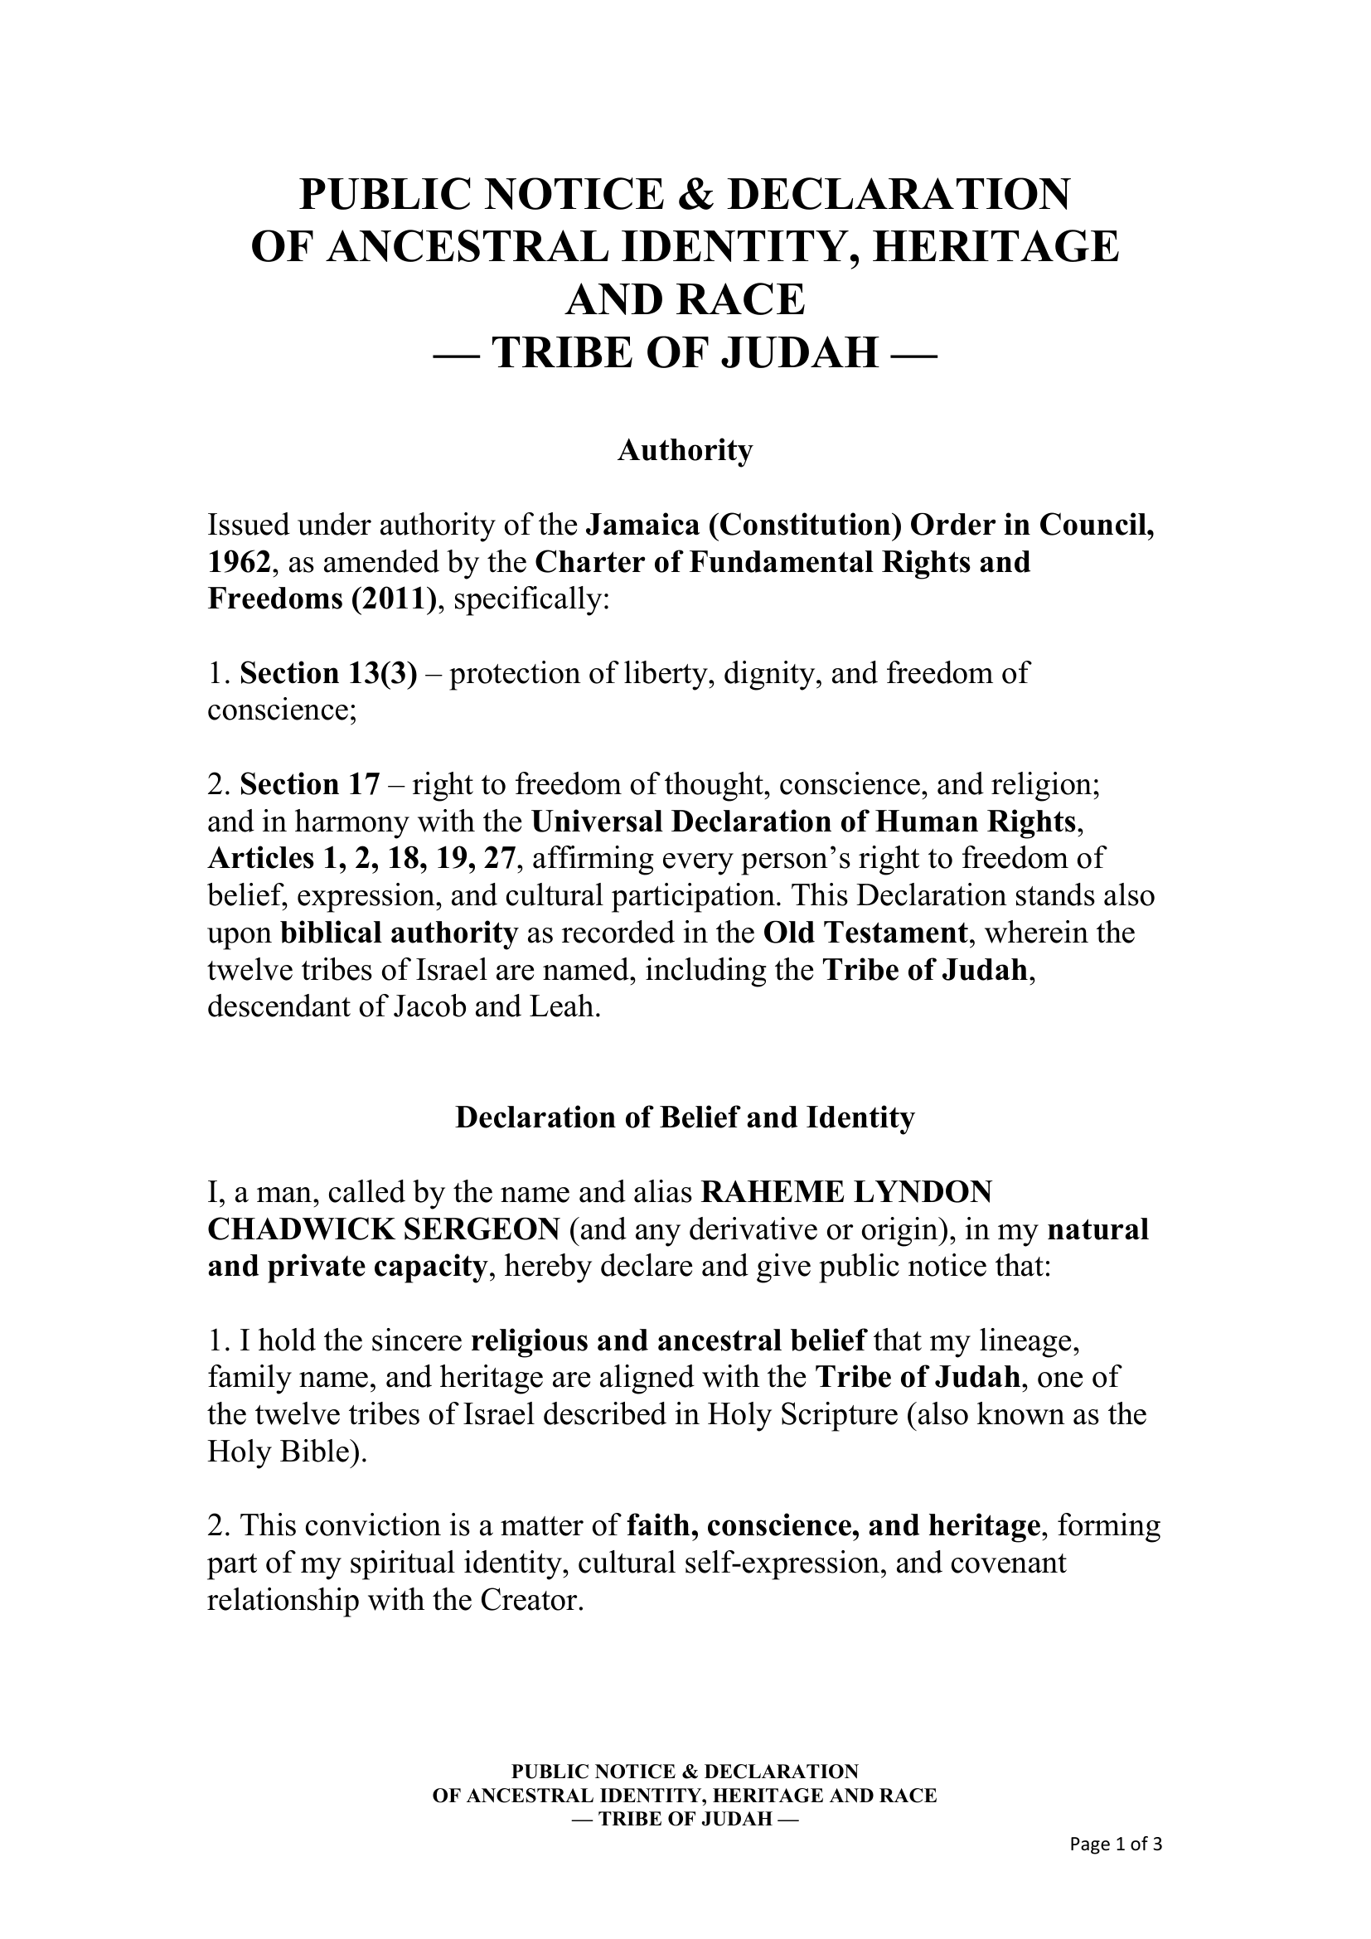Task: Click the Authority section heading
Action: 685,451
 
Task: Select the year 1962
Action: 240,562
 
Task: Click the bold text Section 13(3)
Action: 328,673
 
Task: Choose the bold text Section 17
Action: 310,784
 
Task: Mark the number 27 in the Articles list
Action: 498,859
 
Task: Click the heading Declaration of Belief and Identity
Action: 685,1118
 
